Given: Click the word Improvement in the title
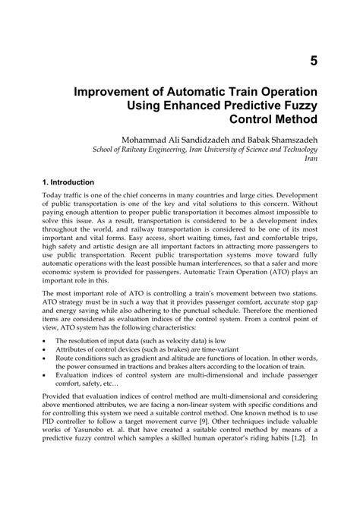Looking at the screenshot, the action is coord(138,92).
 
